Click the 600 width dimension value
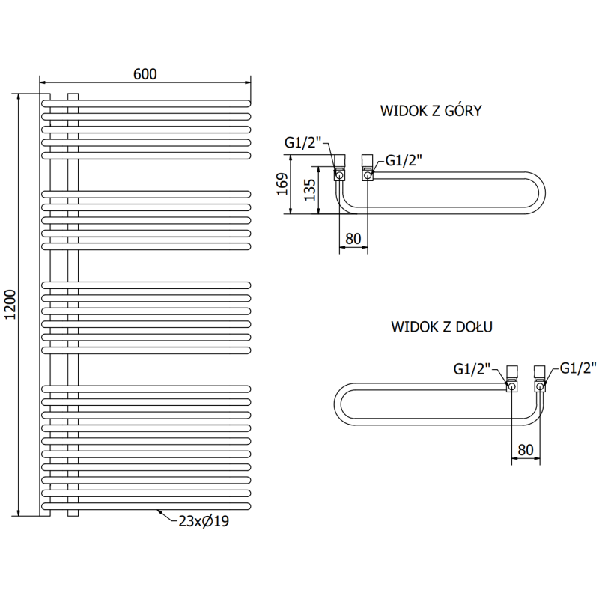click(x=145, y=73)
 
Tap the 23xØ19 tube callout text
click(x=201, y=522)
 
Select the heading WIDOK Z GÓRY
click(x=431, y=112)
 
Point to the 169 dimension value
click(x=282, y=184)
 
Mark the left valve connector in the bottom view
click(x=512, y=379)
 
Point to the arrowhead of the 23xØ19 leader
click(x=159, y=511)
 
